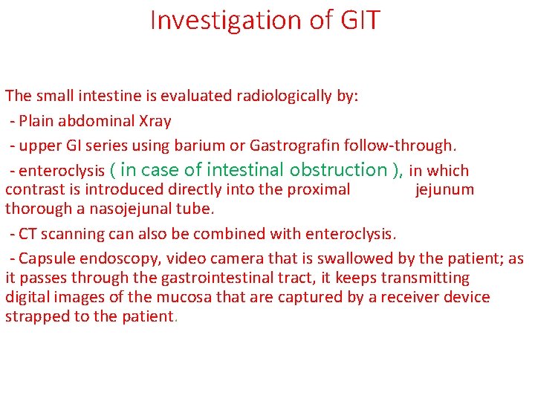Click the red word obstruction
coord(341,170)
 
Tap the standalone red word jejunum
coord(444,189)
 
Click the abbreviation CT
coord(28,234)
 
